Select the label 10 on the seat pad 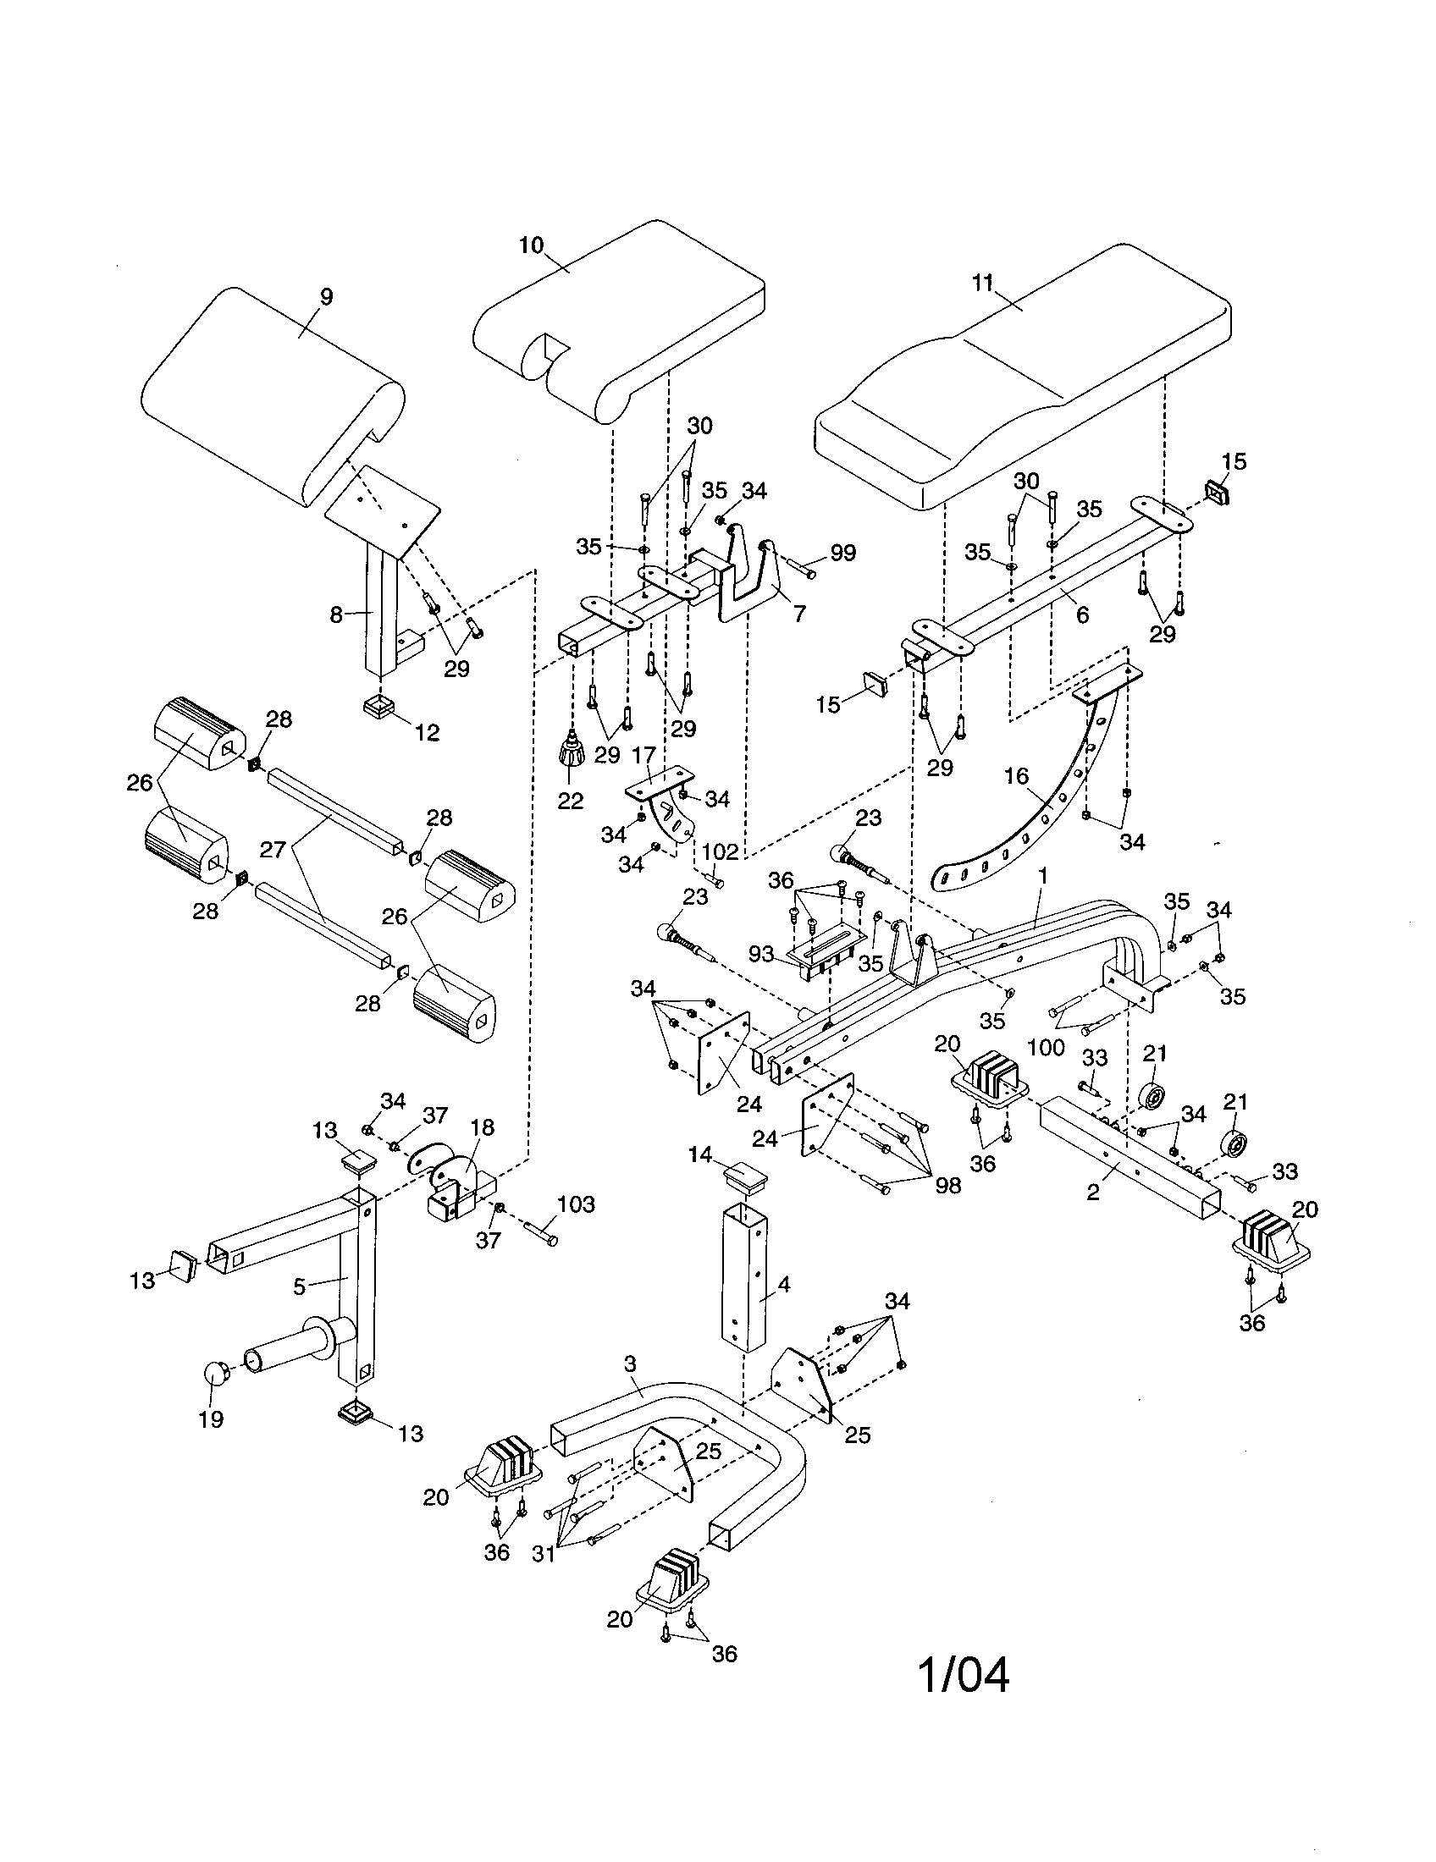coord(530,245)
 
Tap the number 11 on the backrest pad coord(983,283)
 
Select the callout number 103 coord(576,1204)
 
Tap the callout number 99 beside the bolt coord(842,553)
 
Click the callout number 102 coord(720,851)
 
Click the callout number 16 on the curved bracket coord(1016,776)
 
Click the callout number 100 coord(1047,1047)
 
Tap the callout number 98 coord(947,1186)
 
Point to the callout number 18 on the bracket coord(482,1128)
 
